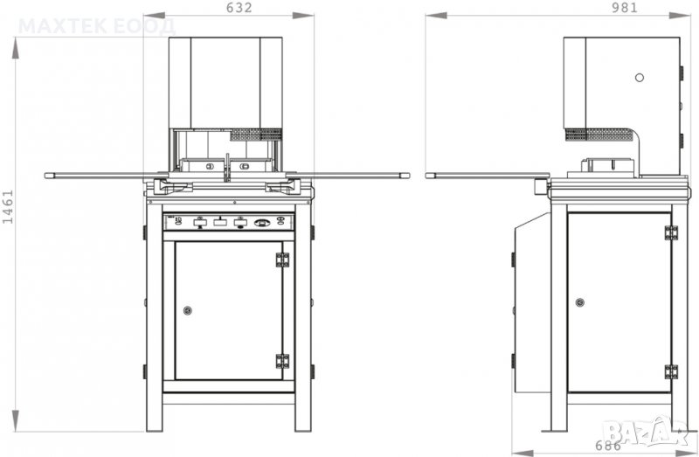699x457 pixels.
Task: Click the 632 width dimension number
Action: pyautogui.click(x=239, y=8)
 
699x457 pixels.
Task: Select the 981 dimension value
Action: pyautogui.click(x=625, y=8)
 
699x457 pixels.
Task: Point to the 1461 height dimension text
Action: pyautogui.click(x=8, y=206)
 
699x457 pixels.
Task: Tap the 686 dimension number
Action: pyautogui.click(x=608, y=445)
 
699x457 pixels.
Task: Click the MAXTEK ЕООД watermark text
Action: pyautogui.click(x=97, y=27)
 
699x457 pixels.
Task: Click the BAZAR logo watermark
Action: pyautogui.click(x=647, y=432)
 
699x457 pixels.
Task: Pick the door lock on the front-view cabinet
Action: pyautogui.click(x=188, y=310)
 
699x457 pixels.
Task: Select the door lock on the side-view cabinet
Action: pyautogui.click(x=579, y=302)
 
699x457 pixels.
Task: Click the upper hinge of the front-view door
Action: pyautogui.click(x=282, y=260)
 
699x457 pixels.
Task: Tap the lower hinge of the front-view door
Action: pyautogui.click(x=282, y=361)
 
